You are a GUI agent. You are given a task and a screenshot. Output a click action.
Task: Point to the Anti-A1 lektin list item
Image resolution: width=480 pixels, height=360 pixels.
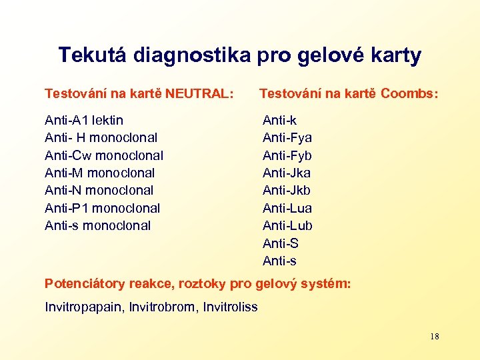coord(84,121)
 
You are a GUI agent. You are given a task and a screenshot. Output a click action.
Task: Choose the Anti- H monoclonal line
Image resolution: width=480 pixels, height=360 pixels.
coord(101,138)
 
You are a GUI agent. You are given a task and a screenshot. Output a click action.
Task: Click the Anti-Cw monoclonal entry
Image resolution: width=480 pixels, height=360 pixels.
coord(103,155)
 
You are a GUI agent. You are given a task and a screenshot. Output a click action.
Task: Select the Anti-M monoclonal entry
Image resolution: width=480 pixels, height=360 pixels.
coord(101,173)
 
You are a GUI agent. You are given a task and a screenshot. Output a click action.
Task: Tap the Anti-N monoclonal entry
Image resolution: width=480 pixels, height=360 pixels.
coord(99,191)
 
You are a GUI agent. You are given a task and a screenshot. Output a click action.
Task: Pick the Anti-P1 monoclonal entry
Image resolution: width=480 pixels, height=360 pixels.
coord(102,208)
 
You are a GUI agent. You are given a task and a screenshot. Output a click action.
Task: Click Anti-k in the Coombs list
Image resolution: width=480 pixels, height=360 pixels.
coord(280,121)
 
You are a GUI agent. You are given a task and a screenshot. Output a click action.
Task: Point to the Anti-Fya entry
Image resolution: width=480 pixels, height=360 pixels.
coord(287,138)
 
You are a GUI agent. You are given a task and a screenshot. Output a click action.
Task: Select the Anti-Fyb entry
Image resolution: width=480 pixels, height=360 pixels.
coord(287,155)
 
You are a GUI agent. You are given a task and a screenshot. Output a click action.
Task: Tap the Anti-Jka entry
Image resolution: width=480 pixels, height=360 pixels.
coord(287,173)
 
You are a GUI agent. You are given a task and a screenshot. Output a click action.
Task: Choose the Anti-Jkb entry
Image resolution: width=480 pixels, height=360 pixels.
coord(287,191)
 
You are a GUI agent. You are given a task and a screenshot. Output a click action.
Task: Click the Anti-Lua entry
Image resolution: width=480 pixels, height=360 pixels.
coord(287,208)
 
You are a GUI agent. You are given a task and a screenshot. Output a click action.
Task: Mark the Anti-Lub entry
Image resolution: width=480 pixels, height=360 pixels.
coord(287,225)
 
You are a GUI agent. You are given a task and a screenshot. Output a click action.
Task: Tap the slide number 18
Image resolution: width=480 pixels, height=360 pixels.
coord(435,337)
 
